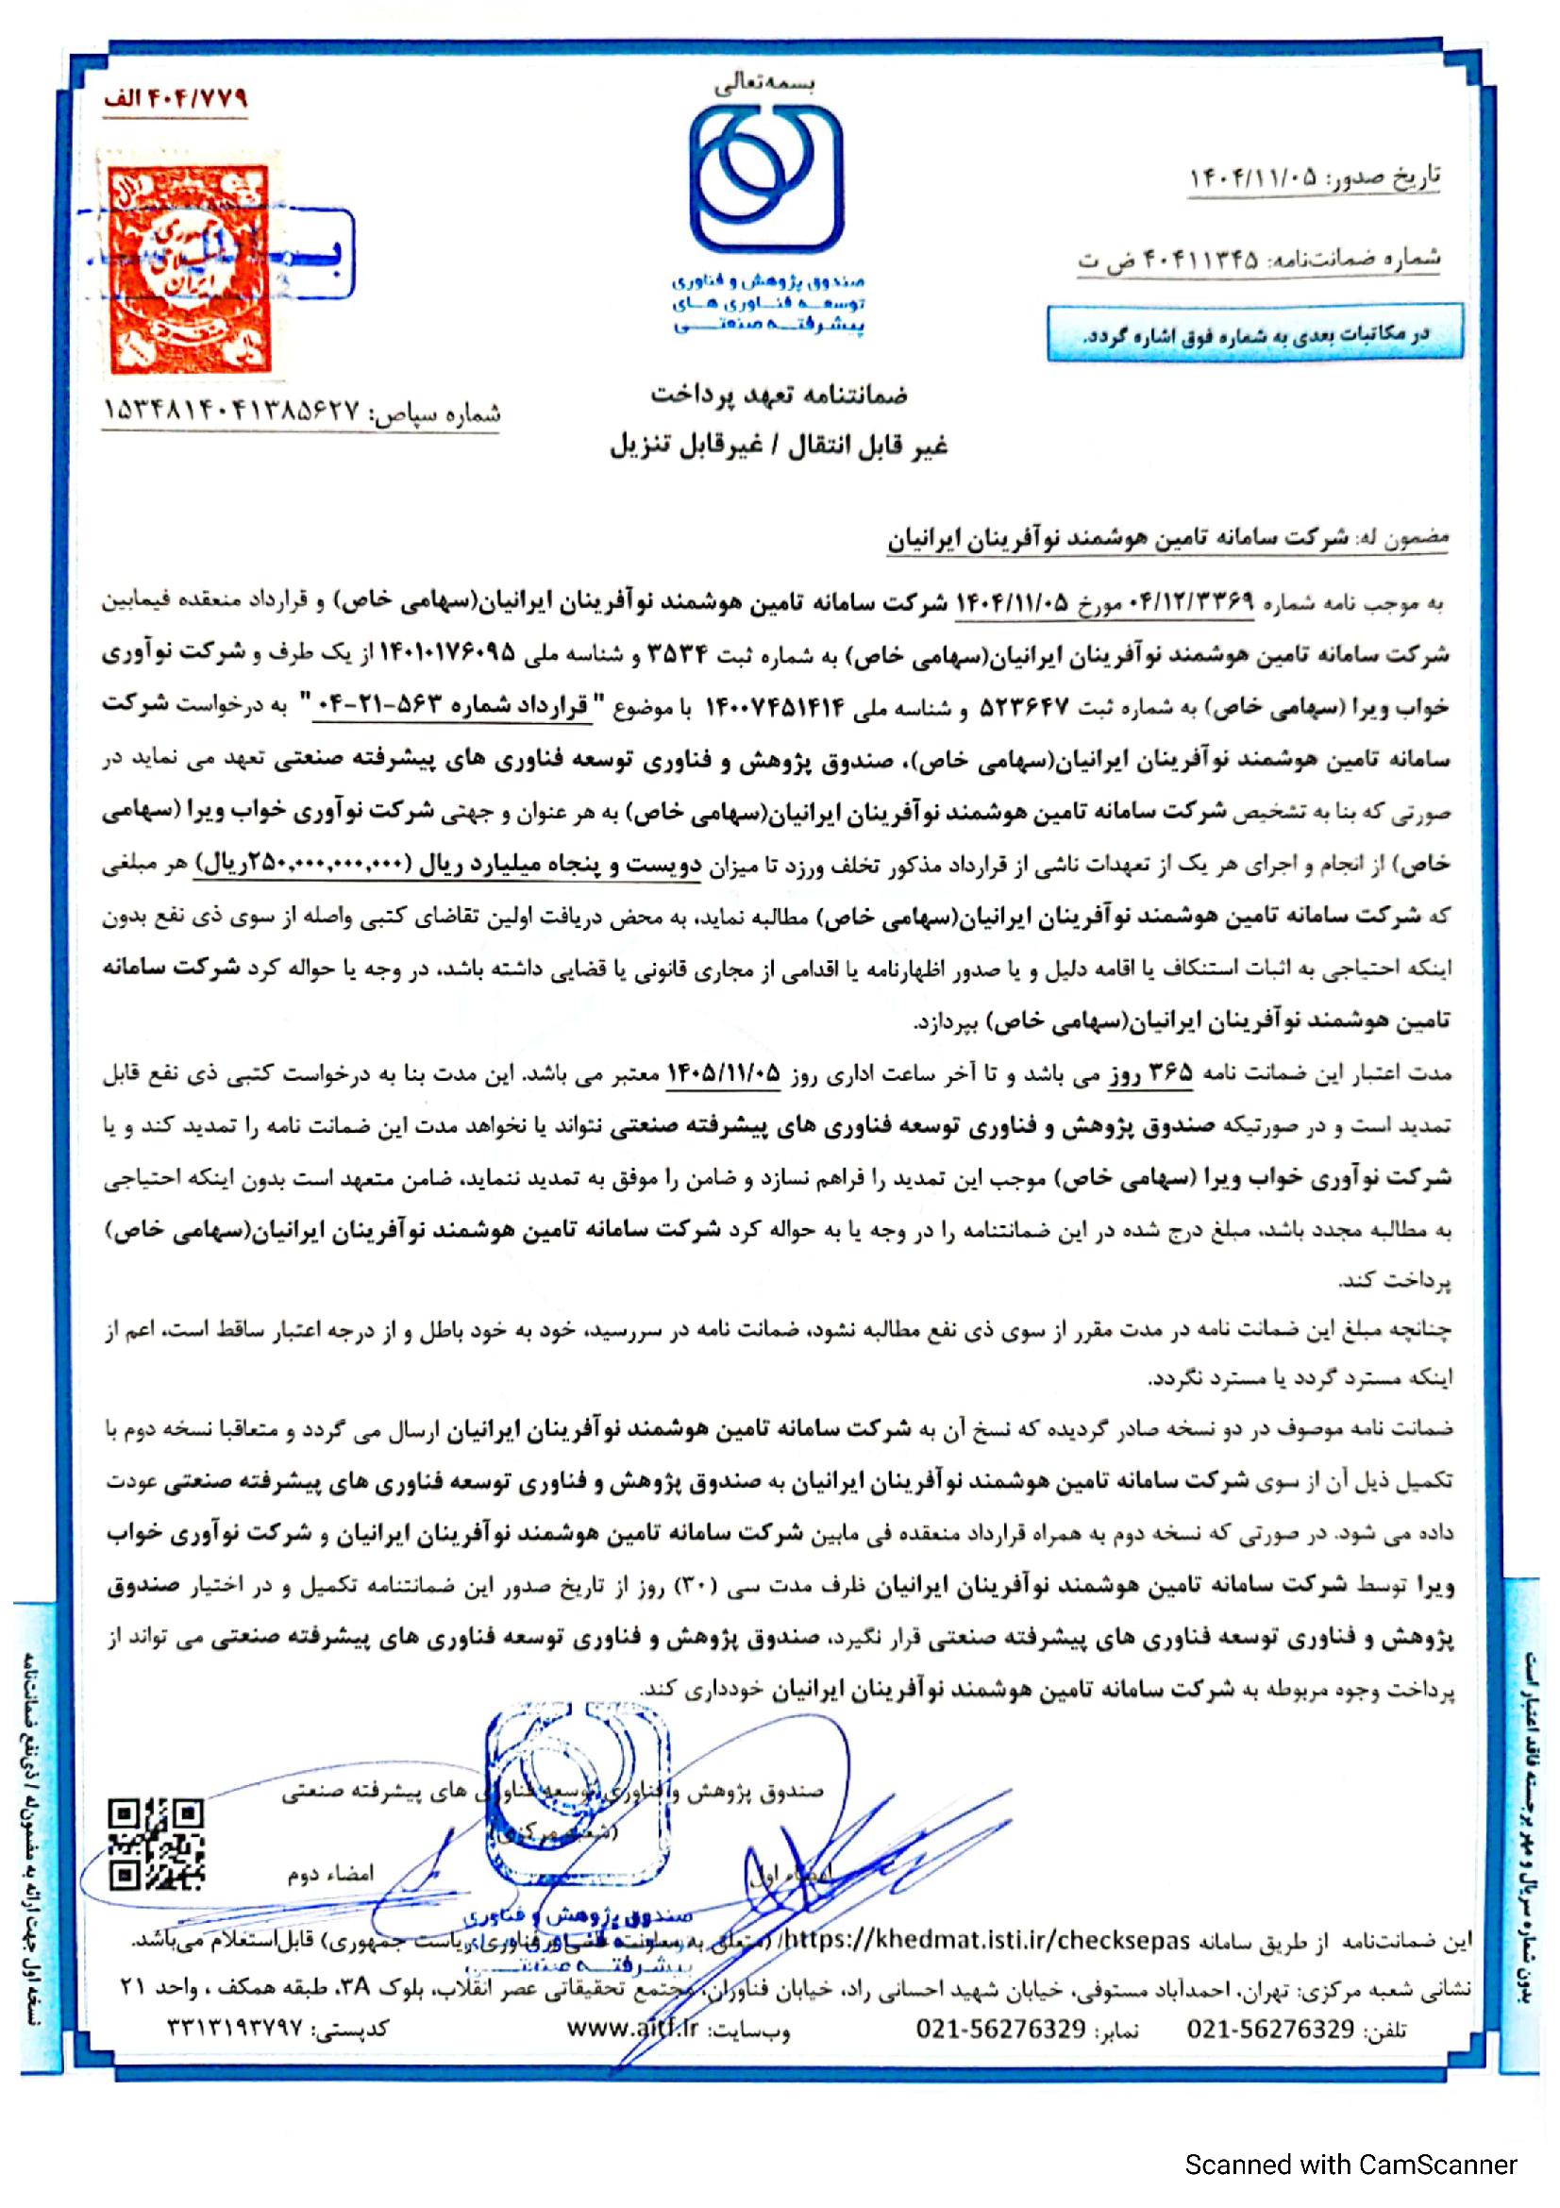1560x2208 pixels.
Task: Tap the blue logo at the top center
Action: (769, 177)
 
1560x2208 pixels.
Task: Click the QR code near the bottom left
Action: (157, 1846)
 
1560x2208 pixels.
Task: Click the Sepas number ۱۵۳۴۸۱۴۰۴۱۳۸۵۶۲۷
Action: (230, 413)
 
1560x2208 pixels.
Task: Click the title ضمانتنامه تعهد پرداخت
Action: (780, 395)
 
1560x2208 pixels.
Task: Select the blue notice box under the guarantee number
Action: (1254, 332)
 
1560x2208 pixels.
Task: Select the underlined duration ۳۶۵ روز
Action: (1157, 1074)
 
